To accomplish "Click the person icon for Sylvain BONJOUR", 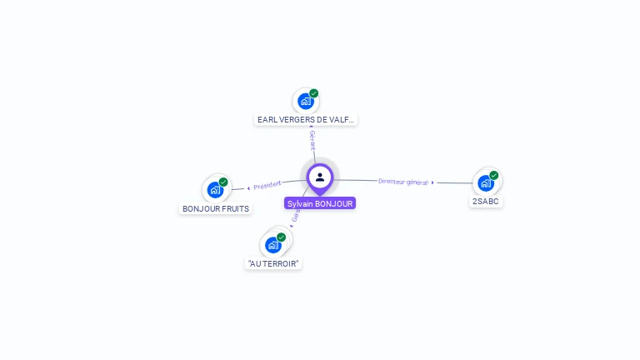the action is pyautogui.click(x=320, y=177).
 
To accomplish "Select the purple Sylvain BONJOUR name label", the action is pyautogui.click(x=320, y=203).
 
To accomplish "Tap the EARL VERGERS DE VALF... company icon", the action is pyautogui.click(x=305, y=102).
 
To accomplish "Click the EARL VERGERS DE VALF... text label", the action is pyautogui.click(x=306, y=120).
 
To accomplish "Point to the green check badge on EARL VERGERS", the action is pyautogui.click(x=314, y=93).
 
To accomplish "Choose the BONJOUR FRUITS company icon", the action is pyautogui.click(x=215, y=189).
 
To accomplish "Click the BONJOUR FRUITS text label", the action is pyautogui.click(x=216, y=208).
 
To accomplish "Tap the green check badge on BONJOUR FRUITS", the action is pyautogui.click(x=223, y=182).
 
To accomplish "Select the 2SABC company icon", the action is pyautogui.click(x=486, y=183).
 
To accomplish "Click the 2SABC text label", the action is pyautogui.click(x=486, y=202).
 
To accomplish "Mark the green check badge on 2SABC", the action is pyautogui.click(x=494, y=176).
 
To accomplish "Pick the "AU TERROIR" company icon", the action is pyautogui.click(x=272, y=245).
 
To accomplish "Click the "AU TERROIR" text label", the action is pyautogui.click(x=273, y=263).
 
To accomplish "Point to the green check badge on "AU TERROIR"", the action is pyautogui.click(x=282, y=237).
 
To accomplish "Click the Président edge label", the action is pyautogui.click(x=267, y=185).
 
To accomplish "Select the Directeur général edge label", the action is pyautogui.click(x=402, y=181).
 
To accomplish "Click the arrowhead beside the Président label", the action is pyautogui.click(x=248, y=187).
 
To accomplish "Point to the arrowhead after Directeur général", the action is pyautogui.click(x=432, y=182).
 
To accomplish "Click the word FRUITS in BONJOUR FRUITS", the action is pyautogui.click(x=234, y=208).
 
